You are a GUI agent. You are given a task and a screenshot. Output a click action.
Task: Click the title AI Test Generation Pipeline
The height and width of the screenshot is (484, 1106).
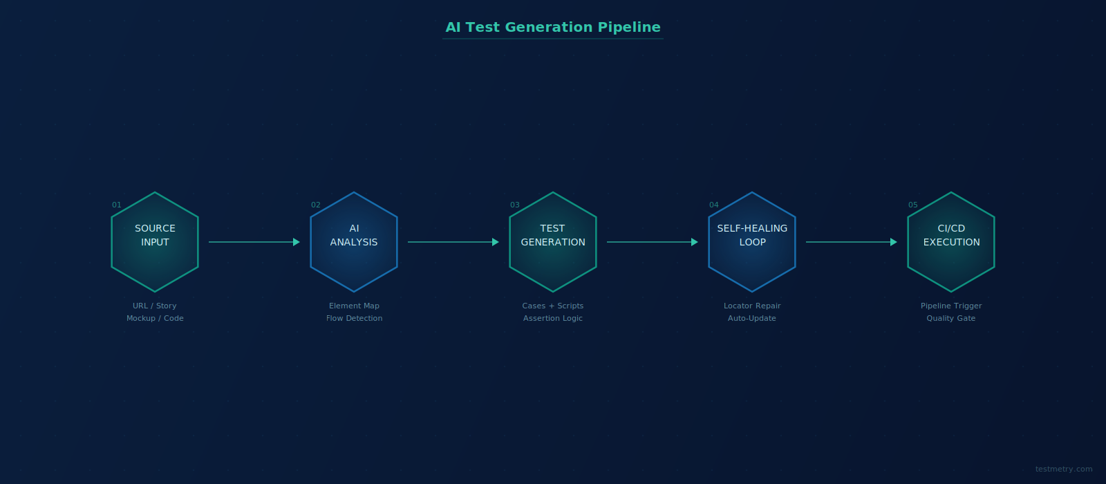(552, 27)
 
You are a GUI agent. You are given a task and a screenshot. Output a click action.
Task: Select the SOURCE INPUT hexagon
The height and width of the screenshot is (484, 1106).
(155, 242)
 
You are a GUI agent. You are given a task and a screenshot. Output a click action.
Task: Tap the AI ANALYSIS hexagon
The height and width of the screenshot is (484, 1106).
(354, 242)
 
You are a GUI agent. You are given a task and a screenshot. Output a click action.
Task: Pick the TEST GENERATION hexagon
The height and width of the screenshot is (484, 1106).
(553, 242)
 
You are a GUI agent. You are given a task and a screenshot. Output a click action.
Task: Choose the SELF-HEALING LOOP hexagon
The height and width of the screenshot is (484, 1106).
(752, 242)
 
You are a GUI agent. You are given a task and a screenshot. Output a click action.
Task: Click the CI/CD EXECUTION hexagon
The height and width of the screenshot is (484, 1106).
(951, 242)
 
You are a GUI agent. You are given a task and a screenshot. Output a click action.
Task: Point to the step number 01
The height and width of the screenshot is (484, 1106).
(117, 205)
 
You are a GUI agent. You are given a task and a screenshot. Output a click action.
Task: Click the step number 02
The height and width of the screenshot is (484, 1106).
(315, 205)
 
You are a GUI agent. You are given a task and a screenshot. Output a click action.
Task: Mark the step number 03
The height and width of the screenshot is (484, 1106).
(514, 205)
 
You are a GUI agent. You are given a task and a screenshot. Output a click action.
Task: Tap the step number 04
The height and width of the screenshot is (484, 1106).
(714, 205)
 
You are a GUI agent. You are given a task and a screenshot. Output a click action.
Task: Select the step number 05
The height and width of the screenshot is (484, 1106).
(913, 205)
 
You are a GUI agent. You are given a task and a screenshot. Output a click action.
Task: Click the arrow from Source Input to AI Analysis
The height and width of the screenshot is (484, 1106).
(254, 242)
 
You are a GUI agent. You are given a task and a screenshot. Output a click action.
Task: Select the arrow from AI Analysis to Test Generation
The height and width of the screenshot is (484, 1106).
(453, 242)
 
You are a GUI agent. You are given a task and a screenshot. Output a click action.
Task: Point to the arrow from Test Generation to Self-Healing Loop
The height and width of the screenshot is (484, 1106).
(653, 242)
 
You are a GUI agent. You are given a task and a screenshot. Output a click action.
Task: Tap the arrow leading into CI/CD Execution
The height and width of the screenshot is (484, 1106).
(851, 242)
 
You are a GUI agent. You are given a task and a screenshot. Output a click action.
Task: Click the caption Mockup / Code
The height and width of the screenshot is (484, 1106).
(155, 319)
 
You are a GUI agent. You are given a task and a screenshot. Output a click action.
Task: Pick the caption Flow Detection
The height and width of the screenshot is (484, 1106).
(354, 319)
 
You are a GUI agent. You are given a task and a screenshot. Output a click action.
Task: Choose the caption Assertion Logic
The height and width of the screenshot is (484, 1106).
(553, 319)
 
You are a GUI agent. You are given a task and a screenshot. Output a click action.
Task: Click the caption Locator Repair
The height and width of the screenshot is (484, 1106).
(752, 306)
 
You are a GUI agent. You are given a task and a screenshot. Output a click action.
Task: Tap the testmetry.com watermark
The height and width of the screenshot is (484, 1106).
(1064, 469)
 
